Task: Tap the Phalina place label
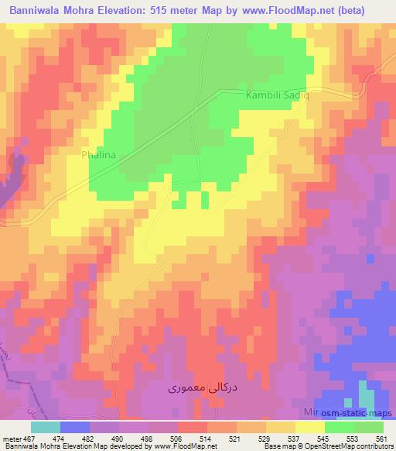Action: [99, 155]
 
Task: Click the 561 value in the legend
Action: [381, 439]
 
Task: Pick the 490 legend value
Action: [117, 439]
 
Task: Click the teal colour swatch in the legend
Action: [45, 427]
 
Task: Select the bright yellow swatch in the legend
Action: [309, 427]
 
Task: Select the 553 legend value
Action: [350, 439]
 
